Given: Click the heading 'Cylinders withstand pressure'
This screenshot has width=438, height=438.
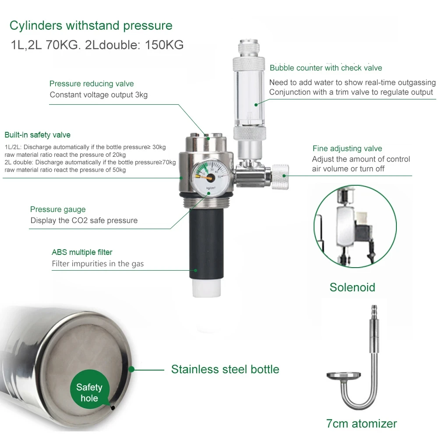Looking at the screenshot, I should click(x=91, y=25).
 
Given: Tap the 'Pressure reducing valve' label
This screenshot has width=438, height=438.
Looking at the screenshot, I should click(x=92, y=84).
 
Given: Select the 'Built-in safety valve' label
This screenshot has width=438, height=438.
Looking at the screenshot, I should click(x=37, y=135).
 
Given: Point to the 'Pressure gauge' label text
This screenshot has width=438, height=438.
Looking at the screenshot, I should click(x=58, y=209).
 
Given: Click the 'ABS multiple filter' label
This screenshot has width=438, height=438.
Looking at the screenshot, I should click(x=82, y=252).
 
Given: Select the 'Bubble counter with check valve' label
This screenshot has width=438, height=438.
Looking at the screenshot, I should click(x=326, y=68).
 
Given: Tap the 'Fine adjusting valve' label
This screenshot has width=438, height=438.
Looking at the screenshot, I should click(x=347, y=148).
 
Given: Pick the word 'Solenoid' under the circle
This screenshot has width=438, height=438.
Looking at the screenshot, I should click(x=352, y=287).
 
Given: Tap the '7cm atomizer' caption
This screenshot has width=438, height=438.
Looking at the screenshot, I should click(x=361, y=424).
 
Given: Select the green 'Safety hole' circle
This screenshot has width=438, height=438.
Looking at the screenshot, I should click(x=89, y=392).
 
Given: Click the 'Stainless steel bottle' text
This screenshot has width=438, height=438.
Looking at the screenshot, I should click(x=225, y=369).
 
